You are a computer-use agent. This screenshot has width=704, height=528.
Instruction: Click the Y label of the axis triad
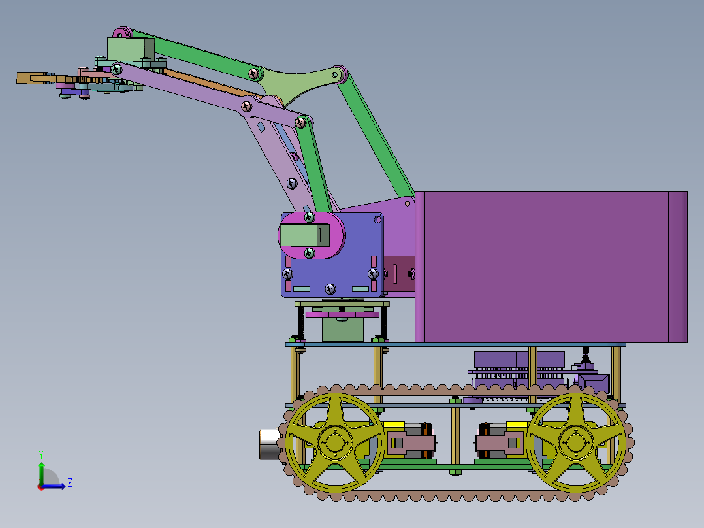pos(41,454)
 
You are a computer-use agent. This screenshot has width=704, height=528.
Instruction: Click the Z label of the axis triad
pos(70,483)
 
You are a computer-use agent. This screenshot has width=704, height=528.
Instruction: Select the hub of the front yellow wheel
pos(334,442)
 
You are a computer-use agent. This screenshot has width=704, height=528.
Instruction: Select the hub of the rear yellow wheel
pos(576,442)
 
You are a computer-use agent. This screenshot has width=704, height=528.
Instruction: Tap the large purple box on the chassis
pos(551,267)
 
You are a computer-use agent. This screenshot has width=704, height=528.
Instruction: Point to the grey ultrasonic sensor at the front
pos(270,444)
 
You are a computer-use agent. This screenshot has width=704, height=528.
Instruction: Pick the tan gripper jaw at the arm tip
pos(37,78)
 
